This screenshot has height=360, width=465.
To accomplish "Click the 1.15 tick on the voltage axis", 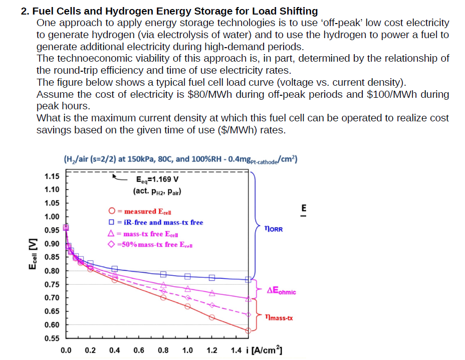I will [x=52, y=176].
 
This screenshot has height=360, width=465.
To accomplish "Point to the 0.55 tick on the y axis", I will [x=52, y=338].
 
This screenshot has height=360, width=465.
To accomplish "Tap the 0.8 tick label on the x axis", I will [x=163, y=350].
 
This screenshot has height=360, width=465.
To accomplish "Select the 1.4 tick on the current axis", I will [x=237, y=350].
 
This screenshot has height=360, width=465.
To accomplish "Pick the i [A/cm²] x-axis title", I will [x=266, y=349].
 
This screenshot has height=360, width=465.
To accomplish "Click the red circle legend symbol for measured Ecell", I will [x=112, y=212].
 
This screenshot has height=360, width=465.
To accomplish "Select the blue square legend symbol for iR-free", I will [x=112, y=223].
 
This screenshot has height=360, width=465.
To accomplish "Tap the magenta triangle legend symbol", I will [x=112, y=234].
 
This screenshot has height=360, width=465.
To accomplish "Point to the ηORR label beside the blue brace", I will [x=273, y=229].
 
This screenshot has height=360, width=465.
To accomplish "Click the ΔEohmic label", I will [x=281, y=291].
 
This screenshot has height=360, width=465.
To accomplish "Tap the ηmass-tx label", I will [x=279, y=318].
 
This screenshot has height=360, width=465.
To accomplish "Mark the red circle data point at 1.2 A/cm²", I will [x=212, y=317].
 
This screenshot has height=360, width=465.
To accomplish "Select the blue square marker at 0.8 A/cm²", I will [x=163, y=274].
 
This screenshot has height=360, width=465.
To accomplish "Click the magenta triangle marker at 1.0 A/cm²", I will [x=188, y=288].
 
